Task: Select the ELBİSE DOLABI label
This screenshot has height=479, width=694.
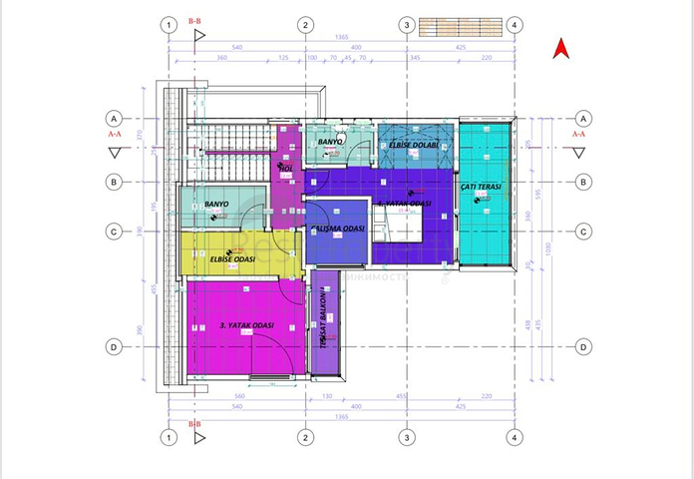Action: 413,146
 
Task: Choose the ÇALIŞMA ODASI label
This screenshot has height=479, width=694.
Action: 338,229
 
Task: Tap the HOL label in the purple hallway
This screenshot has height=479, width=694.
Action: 285,169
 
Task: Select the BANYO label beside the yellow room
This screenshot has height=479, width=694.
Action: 216,204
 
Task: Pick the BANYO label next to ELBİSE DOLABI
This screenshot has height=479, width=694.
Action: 330,143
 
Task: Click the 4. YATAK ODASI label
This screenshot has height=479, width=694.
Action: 404,204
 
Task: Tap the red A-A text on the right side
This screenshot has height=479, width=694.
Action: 578,132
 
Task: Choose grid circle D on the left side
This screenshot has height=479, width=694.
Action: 116,347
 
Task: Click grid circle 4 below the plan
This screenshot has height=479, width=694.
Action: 514,437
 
